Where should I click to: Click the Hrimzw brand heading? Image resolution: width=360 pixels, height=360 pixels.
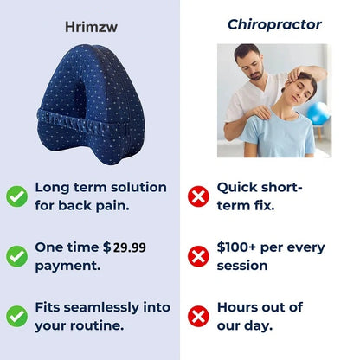tap(89, 28)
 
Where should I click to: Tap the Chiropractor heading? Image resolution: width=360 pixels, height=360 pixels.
tap(273, 24)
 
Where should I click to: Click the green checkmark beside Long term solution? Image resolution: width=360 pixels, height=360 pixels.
tap(16, 196)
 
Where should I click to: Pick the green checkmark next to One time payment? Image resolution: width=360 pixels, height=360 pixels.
tap(16, 256)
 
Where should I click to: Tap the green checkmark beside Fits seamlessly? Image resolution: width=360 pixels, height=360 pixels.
tap(16, 317)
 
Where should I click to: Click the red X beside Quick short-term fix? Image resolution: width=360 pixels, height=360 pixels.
tap(199, 196)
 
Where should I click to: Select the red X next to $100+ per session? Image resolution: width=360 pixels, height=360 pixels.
tap(199, 256)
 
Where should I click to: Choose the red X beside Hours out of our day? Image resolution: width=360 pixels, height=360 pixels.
tap(199, 317)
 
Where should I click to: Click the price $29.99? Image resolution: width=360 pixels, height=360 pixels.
tap(125, 247)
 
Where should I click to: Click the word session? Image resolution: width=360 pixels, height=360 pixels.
tap(243, 266)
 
